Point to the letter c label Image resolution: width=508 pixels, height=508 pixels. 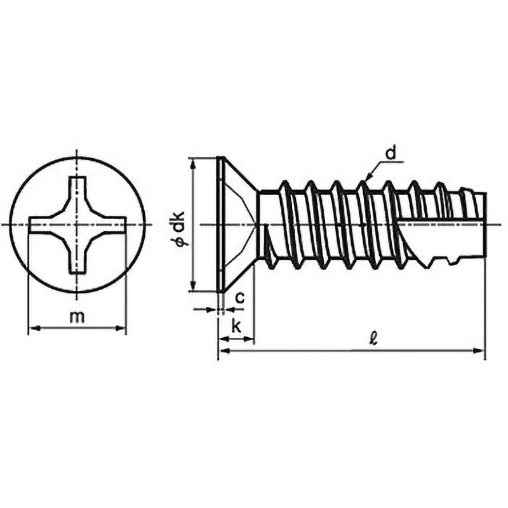(239, 298)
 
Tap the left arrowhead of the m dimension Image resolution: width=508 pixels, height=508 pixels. (34, 328)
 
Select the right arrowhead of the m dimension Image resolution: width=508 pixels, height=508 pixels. (121, 328)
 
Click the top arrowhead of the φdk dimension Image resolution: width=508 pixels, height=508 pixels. (194, 164)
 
